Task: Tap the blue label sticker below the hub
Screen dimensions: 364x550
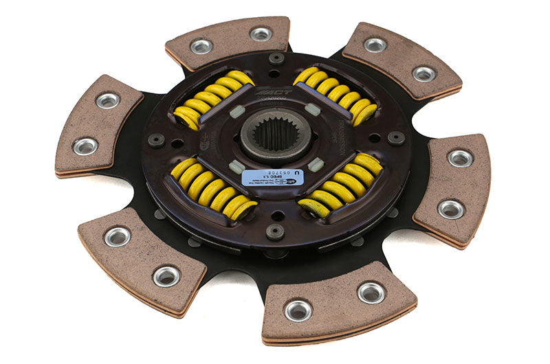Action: click(272, 178)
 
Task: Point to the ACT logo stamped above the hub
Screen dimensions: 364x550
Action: click(274, 92)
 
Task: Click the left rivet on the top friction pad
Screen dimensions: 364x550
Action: click(201, 46)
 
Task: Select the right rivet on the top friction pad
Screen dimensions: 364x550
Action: click(261, 34)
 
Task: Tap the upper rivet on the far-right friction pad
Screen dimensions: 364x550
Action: click(460, 158)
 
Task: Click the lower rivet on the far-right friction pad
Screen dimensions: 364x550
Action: click(450, 209)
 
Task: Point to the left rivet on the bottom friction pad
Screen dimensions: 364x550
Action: click(298, 310)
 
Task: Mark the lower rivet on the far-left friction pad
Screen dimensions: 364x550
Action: click(87, 146)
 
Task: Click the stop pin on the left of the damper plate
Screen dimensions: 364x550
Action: click(157, 140)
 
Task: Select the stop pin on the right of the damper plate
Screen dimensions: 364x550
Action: click(396, 137)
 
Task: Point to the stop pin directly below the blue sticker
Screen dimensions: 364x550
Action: click(275, 232)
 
